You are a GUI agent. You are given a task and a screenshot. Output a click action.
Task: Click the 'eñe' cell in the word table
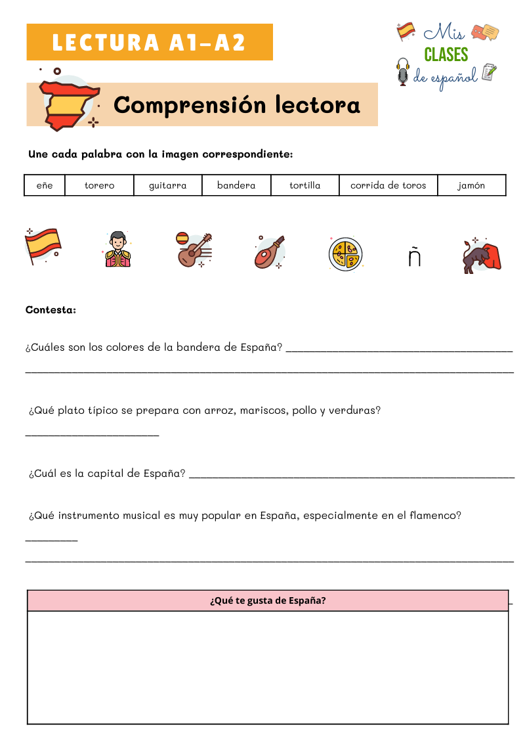pos(45,185)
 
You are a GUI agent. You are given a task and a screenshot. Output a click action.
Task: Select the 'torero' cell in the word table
pos(99,185)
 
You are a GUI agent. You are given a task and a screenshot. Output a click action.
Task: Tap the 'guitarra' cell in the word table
pos(167,185)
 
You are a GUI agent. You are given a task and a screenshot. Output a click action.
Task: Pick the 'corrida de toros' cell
pos(388,185)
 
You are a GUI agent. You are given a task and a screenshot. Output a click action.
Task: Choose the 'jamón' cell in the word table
pos(471,185)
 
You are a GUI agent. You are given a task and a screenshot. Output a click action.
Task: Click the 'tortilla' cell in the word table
pos(304,185)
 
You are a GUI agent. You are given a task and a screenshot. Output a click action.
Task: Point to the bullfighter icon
pos(117,250)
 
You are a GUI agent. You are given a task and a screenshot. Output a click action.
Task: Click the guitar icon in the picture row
pos(194,250)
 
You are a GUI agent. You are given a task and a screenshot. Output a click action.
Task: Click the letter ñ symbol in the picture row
pos(414,258)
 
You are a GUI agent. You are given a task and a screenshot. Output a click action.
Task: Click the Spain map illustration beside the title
pos(67,102)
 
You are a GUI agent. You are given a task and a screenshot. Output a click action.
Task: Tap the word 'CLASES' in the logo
pos(446,54)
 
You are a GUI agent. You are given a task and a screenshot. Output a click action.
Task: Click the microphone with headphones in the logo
pos(402,72)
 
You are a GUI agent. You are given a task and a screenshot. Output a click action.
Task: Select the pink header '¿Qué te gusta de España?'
pos(268,600)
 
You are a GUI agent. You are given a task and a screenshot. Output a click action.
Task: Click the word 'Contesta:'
pos(51,309)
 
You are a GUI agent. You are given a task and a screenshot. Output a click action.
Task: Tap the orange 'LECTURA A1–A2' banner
pos(150,42)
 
